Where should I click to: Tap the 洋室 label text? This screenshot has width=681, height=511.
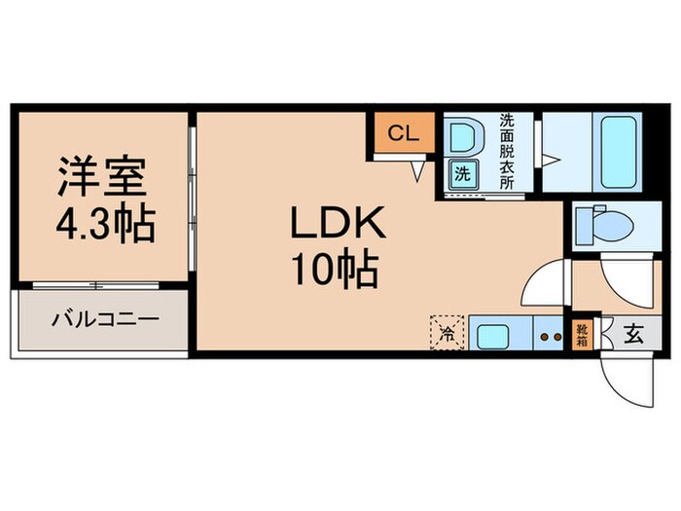click(x=101, y=180)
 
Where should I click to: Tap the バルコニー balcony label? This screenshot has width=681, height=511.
click(x=105, y=320)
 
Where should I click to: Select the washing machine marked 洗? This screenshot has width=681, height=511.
click(x=463, y=176)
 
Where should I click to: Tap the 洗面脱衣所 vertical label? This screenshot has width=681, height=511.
click(x=507, y=153)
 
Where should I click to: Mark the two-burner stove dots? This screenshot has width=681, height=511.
click(x=551, y=338)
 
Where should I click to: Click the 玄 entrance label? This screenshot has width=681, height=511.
click(x=633, y=336)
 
